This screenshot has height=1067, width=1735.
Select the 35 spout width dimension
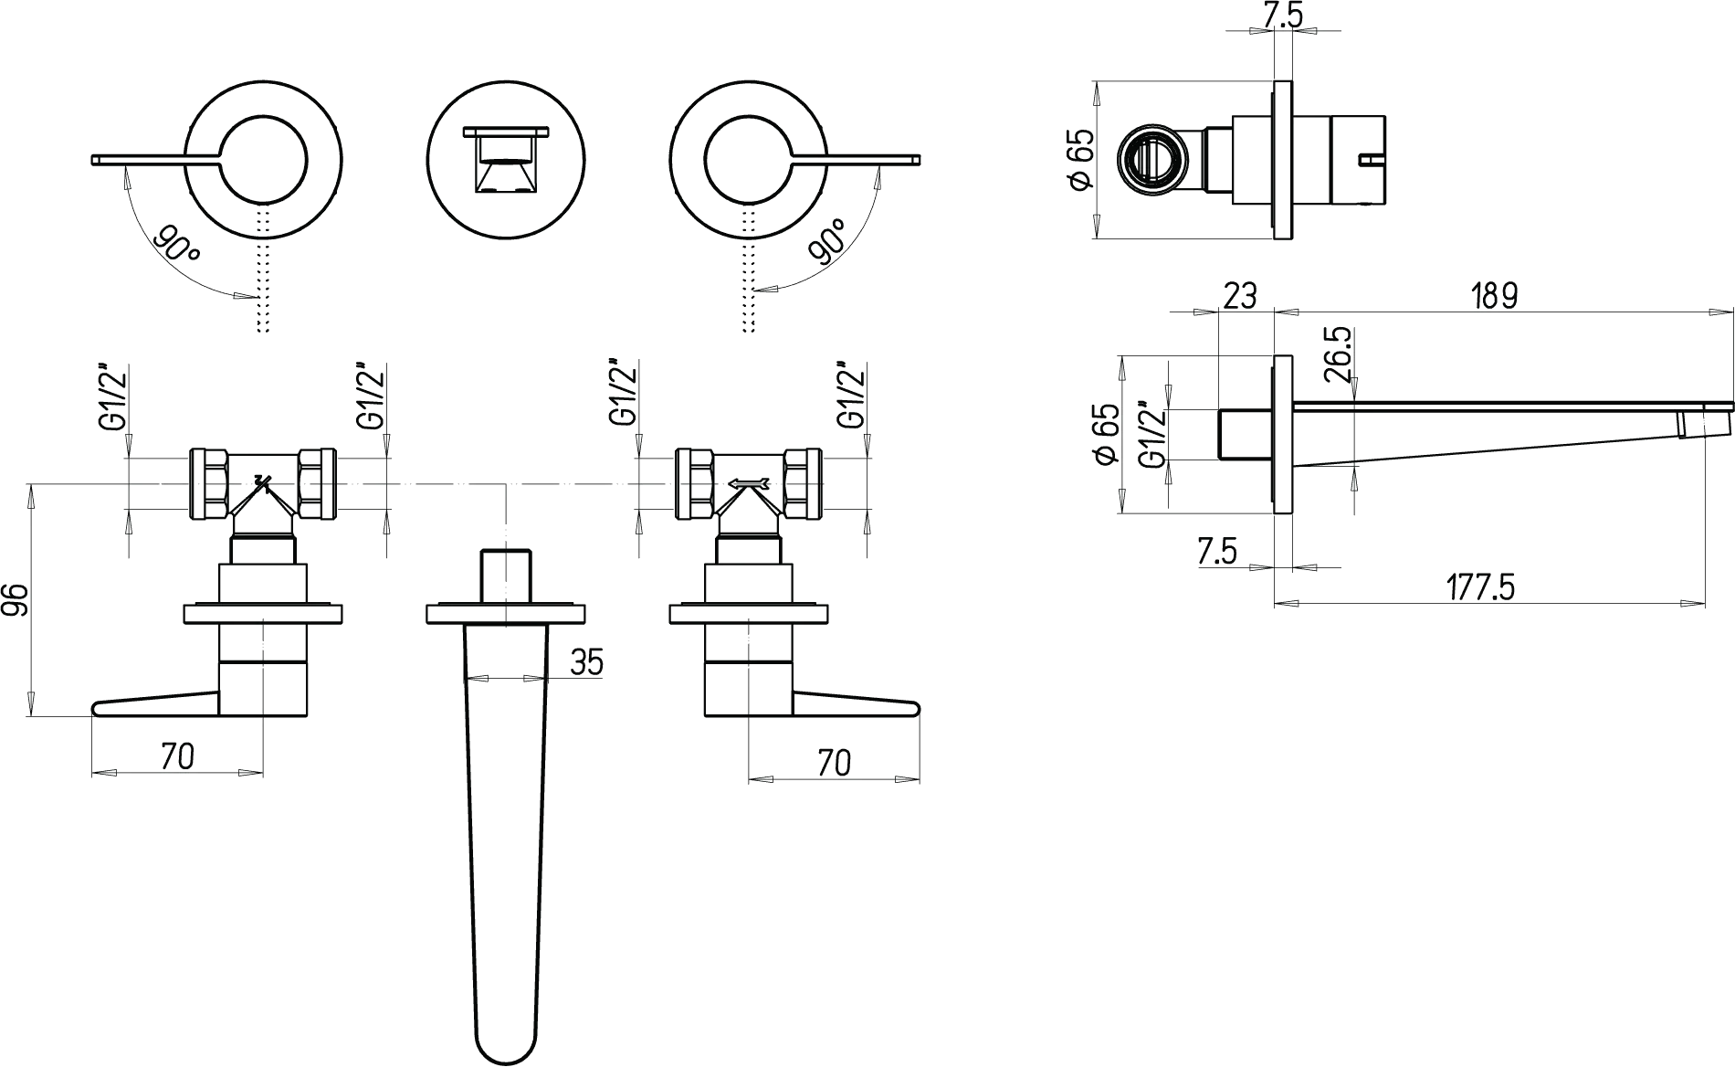(586, 662)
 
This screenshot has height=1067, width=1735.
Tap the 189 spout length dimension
(1494, 296)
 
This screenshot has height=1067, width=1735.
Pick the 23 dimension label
(1239, 296)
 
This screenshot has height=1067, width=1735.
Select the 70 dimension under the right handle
(833, 762)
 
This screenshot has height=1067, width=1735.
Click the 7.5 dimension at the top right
(1284, 15)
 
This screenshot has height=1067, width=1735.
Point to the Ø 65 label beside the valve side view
(1080, 161)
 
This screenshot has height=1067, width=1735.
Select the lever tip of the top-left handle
(95, 161)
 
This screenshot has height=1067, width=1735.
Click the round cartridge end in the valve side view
(1153, 161)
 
